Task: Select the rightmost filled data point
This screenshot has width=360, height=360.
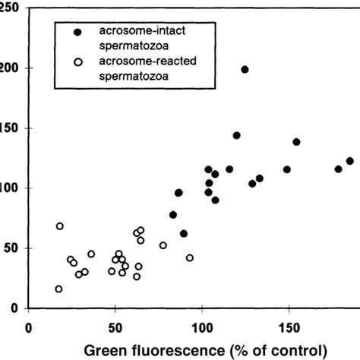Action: [350, 161]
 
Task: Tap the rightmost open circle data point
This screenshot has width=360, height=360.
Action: [190, 258]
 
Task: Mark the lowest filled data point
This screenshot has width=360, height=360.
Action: [184, 234]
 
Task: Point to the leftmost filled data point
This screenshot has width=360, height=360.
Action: [173, 215]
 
